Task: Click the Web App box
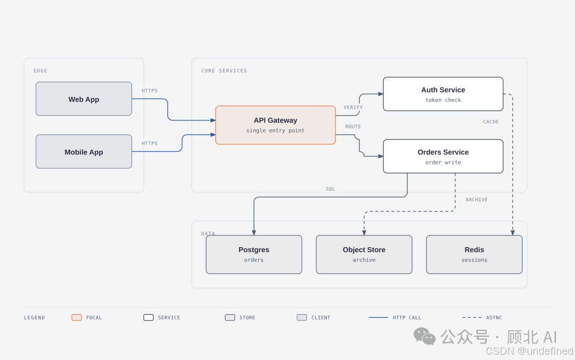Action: click(84, 99)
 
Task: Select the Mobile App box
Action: click(84, 152)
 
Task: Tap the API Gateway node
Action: click(275, 125)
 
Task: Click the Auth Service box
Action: click(443, 94)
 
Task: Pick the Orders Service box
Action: click(443, 157)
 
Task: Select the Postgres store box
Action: click(254, 255)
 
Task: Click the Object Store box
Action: click(364, 255)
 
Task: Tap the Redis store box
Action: click(474, 255)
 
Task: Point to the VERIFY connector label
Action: click(353, 108)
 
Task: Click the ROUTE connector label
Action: click(353, 127)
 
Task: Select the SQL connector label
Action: click(331, 189)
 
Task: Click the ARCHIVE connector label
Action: click(477, 200)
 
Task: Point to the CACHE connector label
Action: click(491, 122)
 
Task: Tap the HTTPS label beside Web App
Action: click(150, 91)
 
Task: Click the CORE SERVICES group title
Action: click(224, 71)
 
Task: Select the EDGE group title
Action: click(40, 71)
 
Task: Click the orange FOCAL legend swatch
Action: click(77, 317)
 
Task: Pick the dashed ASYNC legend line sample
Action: click(472, 317)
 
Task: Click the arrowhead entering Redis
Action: click(513, 233)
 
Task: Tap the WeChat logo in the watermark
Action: click(424, 336)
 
